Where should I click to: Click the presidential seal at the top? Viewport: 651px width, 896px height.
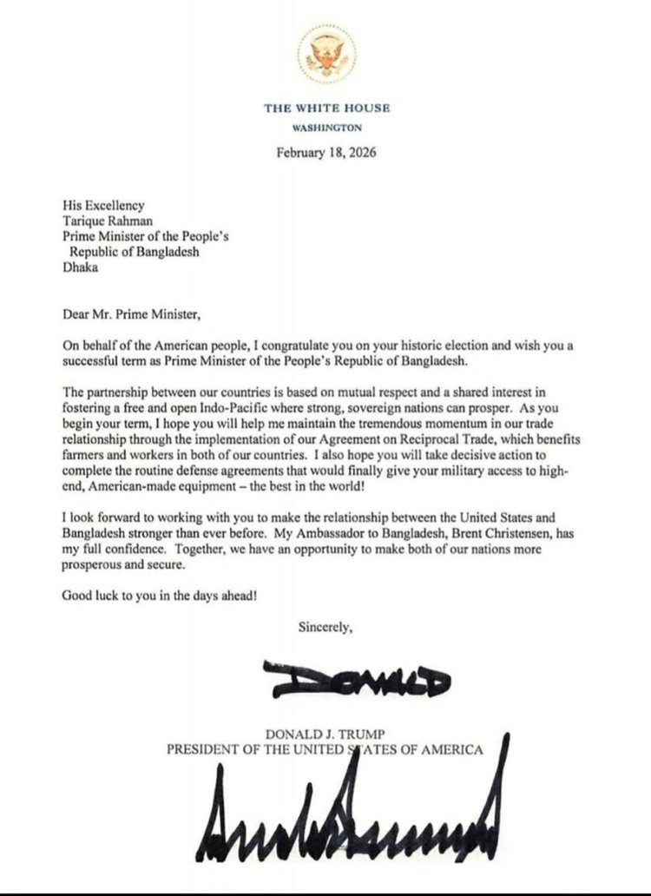(x=327, y=55)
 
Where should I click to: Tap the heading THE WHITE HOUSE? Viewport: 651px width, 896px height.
(x=327, y=108)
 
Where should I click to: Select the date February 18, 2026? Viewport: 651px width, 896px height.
(x=326, y=153)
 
